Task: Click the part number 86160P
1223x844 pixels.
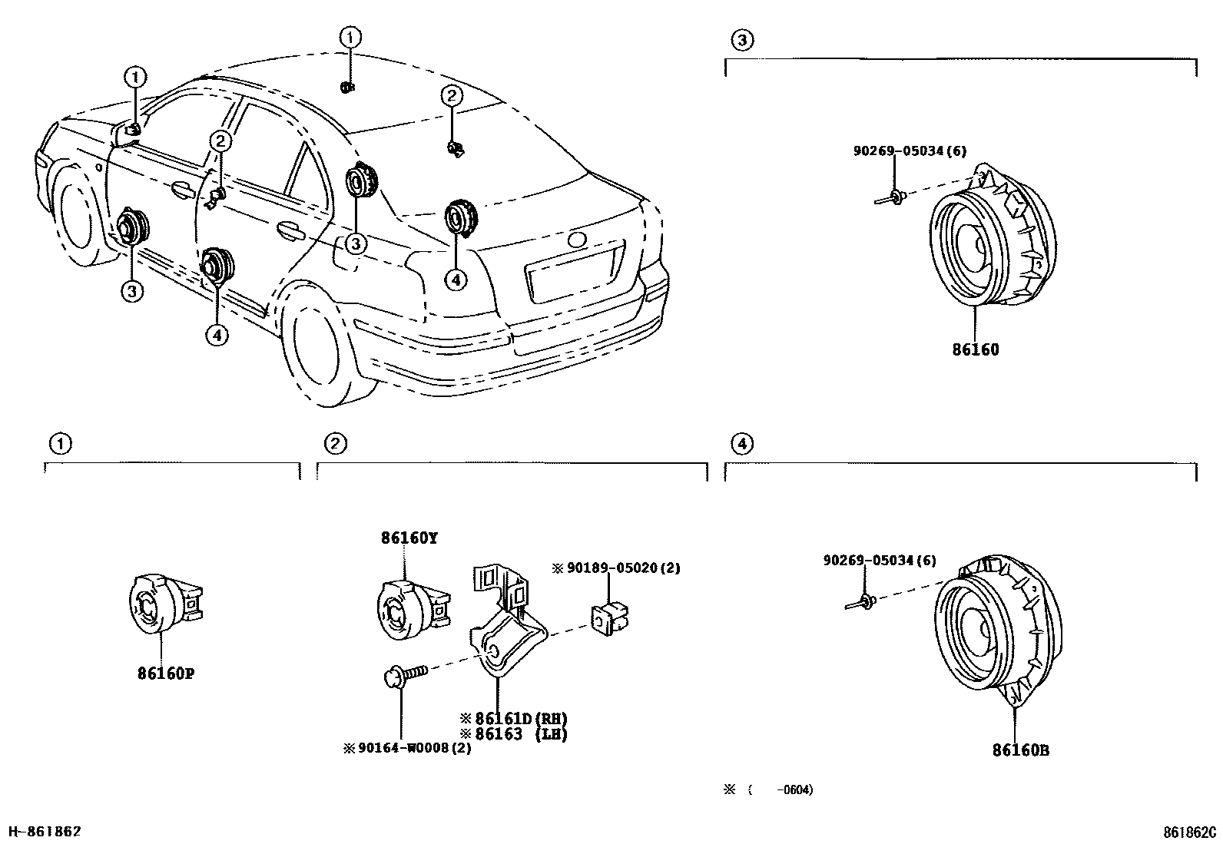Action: click(x=165, y=674)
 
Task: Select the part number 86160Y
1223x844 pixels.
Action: click(x=409, y=538)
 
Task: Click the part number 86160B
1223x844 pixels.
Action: click(x=1020, y=750)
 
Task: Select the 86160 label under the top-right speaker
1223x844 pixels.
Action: click(x=976, y=349)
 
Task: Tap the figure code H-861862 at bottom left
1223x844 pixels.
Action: click(x=44, y=832)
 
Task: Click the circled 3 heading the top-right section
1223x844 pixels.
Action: click(x=741, y=40)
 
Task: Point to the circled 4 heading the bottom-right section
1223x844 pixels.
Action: click(x=741, y=443)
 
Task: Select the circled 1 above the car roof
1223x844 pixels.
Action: click(x=350, y=36)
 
